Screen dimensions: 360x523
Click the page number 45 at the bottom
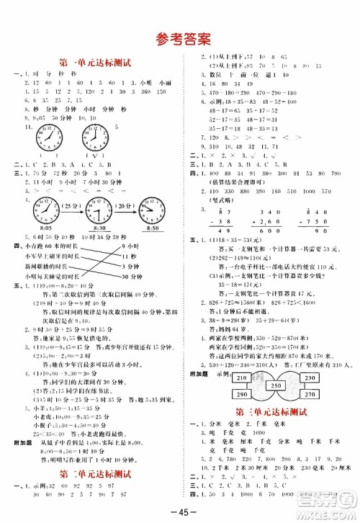click(180, 511)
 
